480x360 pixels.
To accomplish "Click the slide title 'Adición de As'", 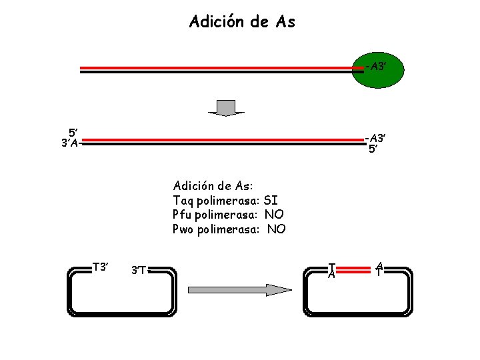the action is click(x=242, y=22).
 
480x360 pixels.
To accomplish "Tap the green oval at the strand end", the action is click(x=377, y=67).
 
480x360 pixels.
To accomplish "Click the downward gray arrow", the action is click(x=227, y=107).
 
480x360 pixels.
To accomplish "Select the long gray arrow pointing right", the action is click(x=241, y=289).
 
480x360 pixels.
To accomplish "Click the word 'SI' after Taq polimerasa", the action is click(x=271, y=200).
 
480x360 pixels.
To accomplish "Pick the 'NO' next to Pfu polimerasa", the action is click(x=273, y=215).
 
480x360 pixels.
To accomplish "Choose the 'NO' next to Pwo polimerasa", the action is click(x=276, y=229).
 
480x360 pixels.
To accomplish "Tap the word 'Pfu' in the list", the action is click(x=181, y=215).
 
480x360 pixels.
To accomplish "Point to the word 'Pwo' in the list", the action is click(x=183, y=229).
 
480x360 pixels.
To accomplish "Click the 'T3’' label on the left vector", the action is click(x=101, y=267).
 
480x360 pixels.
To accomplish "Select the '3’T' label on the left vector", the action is click(x=139, y=270).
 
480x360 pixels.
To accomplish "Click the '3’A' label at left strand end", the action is click(x=70, y=143).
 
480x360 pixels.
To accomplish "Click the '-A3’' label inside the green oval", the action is click(x=376, y=66).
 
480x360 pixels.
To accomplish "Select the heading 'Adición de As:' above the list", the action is click(x=212, y=185).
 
